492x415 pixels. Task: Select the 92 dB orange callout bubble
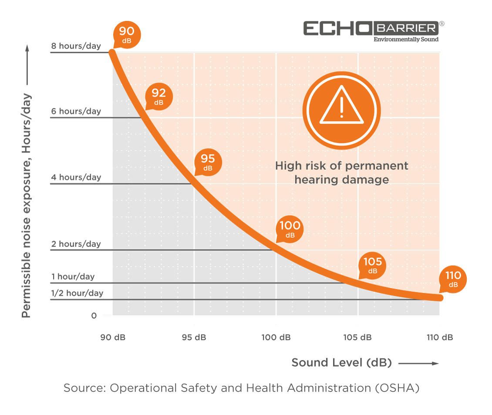159,96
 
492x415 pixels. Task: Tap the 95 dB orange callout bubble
208,162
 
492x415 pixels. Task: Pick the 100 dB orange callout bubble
290,229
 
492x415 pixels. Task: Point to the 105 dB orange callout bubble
373,265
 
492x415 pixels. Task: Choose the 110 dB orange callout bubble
453,279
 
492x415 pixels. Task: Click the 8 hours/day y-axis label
76,45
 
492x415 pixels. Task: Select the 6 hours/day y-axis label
76,111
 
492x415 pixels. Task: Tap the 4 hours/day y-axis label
76,177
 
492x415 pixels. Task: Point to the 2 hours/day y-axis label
76,244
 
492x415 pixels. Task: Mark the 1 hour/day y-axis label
73,277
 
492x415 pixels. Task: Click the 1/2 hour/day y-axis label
77,293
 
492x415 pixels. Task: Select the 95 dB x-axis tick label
194,337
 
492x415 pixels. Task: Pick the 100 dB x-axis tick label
276,337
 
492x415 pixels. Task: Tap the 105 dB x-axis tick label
358,337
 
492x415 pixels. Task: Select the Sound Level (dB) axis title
341,362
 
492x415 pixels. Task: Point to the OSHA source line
241,388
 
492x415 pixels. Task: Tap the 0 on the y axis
94,315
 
